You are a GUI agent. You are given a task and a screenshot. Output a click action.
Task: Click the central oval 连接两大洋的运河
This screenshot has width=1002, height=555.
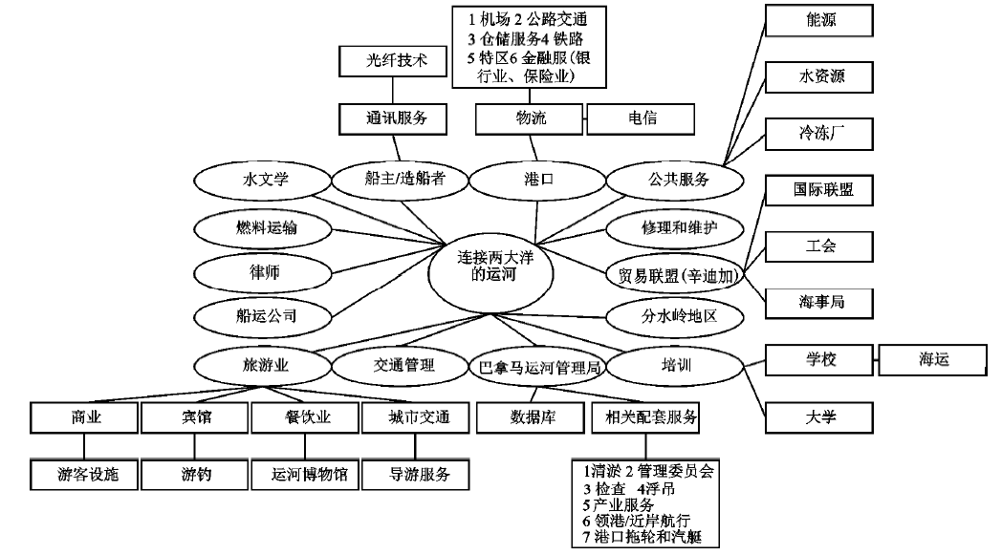491,264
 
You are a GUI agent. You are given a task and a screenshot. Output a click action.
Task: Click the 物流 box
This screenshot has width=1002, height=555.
530,118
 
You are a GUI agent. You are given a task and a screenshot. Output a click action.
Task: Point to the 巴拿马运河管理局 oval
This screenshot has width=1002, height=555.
541,366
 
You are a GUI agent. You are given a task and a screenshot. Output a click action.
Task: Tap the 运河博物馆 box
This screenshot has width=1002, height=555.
303,473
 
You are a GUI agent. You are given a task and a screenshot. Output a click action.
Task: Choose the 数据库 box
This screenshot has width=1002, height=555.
529,417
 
